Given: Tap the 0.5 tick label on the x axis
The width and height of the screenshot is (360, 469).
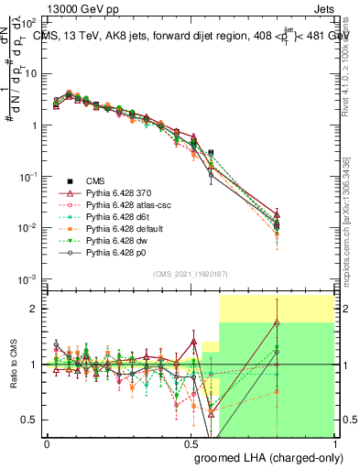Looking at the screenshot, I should pyautogui.click(x=191, y=443).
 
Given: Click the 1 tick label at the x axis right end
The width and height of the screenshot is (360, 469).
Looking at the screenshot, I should pyautogui.click(x=334, y=443).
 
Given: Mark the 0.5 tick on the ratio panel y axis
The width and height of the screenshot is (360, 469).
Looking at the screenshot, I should pyautogui.click(x=31, y=420).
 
